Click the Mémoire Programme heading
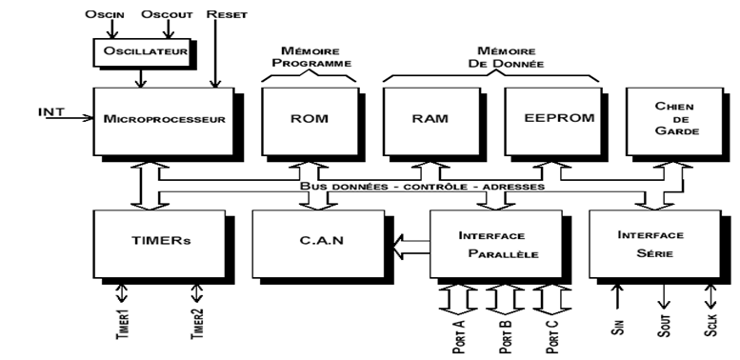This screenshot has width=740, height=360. point(307,54)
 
